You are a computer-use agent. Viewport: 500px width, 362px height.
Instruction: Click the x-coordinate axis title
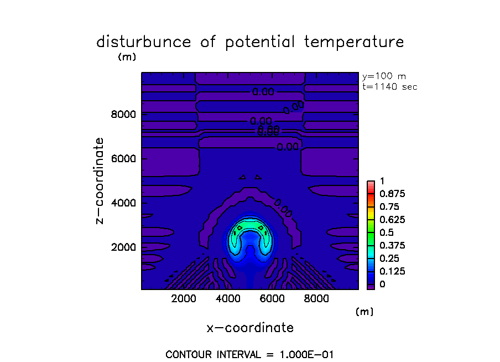tap(250, 328)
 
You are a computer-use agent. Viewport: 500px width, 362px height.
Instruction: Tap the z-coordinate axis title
tap(100, 180)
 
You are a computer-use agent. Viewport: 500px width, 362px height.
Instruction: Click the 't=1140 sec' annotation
tap(389, 86)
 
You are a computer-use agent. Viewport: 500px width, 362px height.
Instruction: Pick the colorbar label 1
tap(381, 181)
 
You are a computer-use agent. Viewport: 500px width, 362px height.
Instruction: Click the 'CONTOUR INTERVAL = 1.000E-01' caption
tap(249, 354)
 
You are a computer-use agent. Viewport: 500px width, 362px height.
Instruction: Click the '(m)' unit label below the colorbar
tap(364, 312)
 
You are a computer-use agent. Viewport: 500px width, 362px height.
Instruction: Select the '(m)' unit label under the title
tap(127, 56)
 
